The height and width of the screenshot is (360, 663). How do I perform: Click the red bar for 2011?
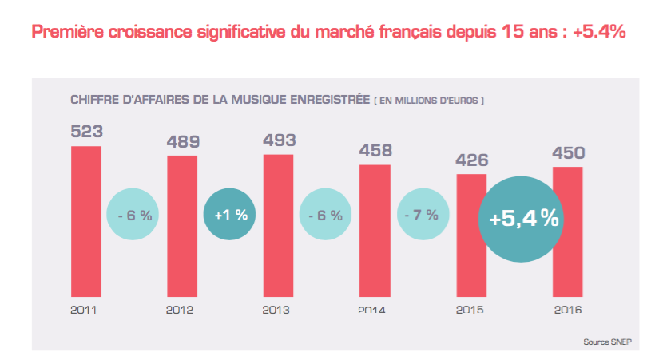[86, 220]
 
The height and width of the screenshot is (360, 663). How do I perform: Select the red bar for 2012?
[182, 225]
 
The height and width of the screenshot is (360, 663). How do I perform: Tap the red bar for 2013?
[278, 224]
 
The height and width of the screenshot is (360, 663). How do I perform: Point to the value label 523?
[86, 132]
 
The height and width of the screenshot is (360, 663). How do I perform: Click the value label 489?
[182, 141]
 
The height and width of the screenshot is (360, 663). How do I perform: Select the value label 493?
[279, 140]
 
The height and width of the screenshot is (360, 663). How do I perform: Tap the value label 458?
[375, 150]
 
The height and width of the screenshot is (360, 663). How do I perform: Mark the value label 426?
[471, 160]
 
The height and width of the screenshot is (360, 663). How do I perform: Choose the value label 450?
[568, 152]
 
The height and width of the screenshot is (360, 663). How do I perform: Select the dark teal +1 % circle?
[231, 215]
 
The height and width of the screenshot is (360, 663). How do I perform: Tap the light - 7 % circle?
[423, 215]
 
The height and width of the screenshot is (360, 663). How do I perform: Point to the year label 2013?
[276, 309]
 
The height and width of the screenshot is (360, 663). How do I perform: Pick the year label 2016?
[567, 309]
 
